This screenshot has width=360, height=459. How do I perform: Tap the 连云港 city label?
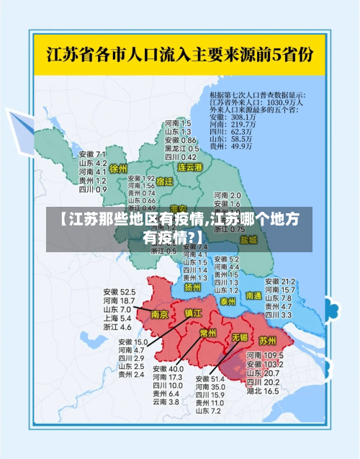pos(191,166)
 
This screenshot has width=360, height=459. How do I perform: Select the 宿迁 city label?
pos(165,182)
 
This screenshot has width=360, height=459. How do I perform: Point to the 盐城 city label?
pos(248,239)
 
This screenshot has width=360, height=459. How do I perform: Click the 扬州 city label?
pos(192,287)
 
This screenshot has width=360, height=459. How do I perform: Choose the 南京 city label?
pos(160,314)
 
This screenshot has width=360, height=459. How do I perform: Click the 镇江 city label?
pos(194,313)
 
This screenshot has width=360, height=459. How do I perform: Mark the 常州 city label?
pos(208,332)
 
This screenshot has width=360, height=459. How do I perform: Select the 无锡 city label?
pos(240,337)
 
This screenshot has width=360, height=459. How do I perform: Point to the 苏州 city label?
pos(267,339)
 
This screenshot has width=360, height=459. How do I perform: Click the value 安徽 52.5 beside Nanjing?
pos(119,292)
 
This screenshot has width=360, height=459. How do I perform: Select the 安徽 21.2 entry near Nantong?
pos(280,281)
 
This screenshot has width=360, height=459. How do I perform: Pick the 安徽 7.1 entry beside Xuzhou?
pos(92,155)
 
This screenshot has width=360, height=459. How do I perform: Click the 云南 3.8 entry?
pos(165,402)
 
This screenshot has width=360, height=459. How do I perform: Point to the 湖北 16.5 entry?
pos(263,391)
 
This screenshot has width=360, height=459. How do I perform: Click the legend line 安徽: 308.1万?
pos(232,117)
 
